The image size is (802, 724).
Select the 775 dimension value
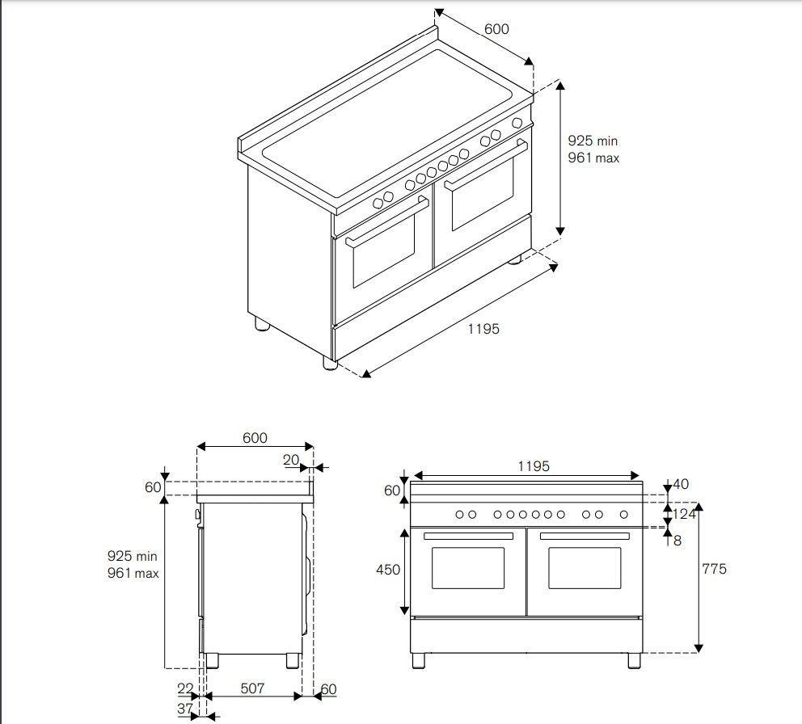pos(714,569)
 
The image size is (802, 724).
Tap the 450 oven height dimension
pos(388,570)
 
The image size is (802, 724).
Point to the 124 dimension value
pos(685,514)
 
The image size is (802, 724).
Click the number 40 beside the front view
pos(681,485)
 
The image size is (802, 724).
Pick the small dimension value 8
pos(677,541)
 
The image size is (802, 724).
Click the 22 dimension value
pos(186,688)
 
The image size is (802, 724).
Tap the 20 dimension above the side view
pos(291,460)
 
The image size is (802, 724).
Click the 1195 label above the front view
pos(534,466)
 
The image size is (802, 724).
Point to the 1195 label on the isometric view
pos(483,329)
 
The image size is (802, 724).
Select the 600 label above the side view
pos(254,438)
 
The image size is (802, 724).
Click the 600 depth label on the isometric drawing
pos(496,29)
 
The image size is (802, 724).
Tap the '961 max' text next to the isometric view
pos(593,158)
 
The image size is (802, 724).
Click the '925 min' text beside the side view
pos(132,556)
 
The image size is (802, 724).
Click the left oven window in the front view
pos(467,568)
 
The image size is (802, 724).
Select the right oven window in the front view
pos(585,568)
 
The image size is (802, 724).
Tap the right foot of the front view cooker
pos(634,660)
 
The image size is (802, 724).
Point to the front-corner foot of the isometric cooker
pos(330,363)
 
